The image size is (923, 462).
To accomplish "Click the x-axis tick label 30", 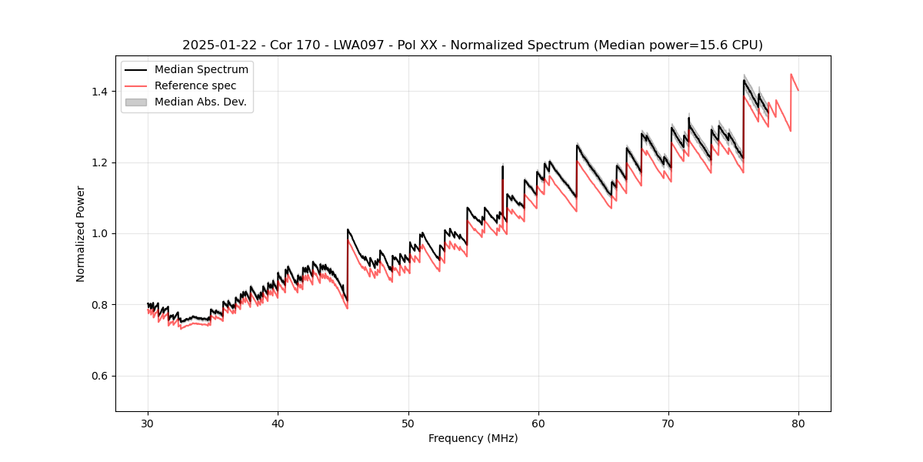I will click(x=148, y=423).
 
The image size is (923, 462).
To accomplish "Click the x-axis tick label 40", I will click(x=278, y=423).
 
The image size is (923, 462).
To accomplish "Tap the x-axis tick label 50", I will click(x=408, y=423).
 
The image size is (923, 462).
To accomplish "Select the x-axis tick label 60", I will click(x=538, y=423).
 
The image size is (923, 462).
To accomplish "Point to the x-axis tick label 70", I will click(x=668, y=423).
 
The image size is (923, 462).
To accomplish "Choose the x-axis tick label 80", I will click(x=798, y=423).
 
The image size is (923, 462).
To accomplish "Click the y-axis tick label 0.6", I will click(x=99, y=376).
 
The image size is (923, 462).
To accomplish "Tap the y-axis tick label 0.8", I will click(x=99, y=305).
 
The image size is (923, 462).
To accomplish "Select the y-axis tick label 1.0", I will click(x=99, y=233).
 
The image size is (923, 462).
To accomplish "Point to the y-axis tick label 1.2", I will click(x=99, y=162).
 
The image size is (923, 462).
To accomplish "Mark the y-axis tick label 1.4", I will click(x=99, y=92).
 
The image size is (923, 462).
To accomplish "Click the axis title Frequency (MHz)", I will click(x=473, y=438).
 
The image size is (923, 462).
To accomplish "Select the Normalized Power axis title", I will click(x=81, y=233).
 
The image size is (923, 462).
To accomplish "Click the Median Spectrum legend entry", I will click(x=201, y=70).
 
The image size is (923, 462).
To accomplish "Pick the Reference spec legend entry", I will click(x=195, y=85).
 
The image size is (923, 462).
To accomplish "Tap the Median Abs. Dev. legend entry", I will click(x=200, y=102).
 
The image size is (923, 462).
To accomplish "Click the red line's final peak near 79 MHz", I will click(x=791, y=75).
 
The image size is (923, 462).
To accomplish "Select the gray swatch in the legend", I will click(x=136, y=102).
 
